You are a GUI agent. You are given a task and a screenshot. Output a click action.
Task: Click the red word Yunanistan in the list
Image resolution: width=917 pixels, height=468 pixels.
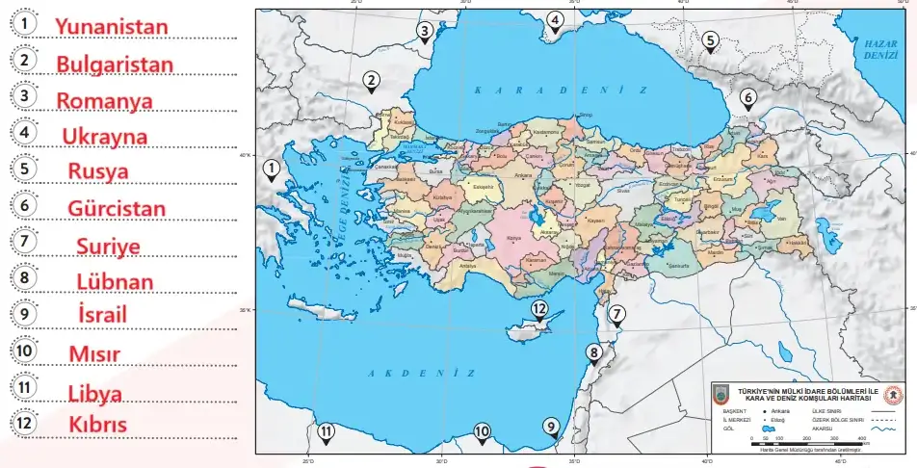pos(111,27)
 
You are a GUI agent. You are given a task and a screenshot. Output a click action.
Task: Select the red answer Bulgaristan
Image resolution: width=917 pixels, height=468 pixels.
pos(115,65)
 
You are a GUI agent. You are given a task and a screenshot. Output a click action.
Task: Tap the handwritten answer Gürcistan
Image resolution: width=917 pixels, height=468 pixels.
pos(117,208)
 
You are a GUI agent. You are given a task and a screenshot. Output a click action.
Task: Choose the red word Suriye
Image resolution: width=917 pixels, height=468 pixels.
pos(108,247)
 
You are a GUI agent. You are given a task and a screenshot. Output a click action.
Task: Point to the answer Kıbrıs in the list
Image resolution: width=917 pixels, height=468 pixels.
pos(97,424)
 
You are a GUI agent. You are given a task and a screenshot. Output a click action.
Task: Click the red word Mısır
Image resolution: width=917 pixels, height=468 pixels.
pos(94,353)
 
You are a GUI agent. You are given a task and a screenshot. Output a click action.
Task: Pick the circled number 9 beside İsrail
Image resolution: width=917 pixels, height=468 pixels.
pos(27,313)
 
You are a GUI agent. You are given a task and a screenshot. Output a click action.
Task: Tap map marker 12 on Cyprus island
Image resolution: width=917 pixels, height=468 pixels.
pos(539,310)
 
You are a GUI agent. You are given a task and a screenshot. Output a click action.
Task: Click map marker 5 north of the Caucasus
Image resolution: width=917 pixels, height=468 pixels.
pos(710,40)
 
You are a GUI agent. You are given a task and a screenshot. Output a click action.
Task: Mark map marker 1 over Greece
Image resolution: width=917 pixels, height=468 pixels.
pos(272,169)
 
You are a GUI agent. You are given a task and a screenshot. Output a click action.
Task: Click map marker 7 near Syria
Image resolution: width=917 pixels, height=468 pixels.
pos(617,314)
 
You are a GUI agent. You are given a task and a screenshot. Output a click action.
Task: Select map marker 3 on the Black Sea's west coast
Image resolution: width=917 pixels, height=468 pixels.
pos(425,32)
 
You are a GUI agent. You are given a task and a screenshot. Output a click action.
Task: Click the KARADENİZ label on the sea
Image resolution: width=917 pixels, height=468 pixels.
pos(560,89)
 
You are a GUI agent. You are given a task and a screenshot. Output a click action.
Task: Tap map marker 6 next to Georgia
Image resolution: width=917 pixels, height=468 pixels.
pos(747,97)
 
